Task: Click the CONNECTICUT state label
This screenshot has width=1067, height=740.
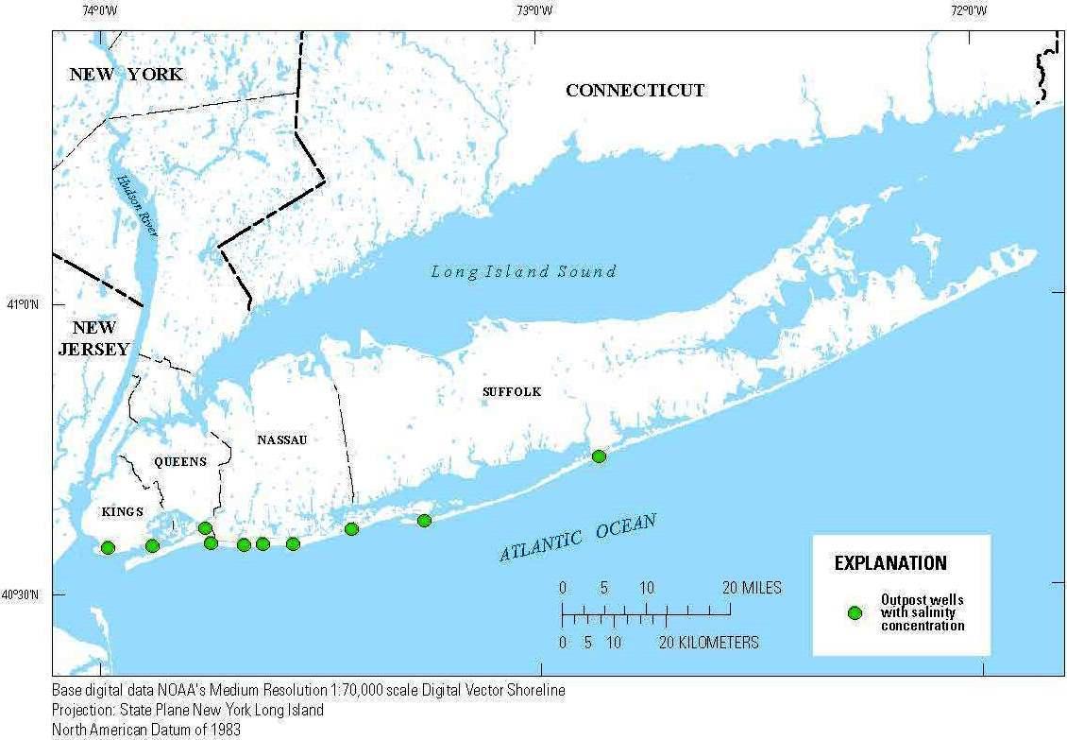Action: click(635, 91)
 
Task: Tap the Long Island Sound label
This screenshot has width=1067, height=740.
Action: click(523, 272)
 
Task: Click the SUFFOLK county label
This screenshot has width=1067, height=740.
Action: click(512, 391)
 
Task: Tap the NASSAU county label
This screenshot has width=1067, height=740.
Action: click(282, 439)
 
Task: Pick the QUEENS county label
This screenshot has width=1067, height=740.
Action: click(179, 461)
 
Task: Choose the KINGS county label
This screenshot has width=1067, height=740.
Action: click(122, 511)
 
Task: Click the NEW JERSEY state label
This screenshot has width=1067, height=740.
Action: click(94, 338)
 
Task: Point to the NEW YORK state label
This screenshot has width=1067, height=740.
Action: click(126, 74)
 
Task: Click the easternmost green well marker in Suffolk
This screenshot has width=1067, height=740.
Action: click(599, 456)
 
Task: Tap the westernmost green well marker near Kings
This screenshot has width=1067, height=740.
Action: click(108, 547)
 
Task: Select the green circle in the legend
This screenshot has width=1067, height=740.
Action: click(855, 612)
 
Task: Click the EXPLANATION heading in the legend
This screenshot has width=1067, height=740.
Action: click(889, 563)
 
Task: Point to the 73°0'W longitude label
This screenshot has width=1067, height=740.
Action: click(534, 11)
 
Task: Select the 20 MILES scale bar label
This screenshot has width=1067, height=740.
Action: click(754, 588)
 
